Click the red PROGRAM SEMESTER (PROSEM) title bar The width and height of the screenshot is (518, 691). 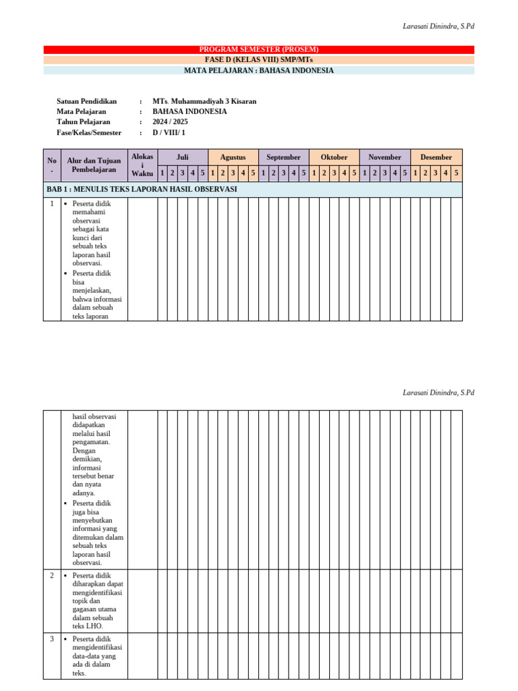pos(259,49)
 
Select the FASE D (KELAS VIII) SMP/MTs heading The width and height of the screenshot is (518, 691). pos(259,59)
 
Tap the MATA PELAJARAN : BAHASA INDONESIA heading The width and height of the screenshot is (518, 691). pos(259,70)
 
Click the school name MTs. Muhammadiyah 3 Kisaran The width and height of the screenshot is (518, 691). pos(204,101)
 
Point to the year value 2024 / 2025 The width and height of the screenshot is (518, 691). pos(170,121)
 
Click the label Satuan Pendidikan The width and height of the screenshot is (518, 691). pos(86,101)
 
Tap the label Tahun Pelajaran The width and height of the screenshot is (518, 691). pos(83,121)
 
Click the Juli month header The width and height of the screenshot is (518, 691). pos(182,157)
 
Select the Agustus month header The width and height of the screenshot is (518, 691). pos(233,157)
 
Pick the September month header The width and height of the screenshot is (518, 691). pos(283,157)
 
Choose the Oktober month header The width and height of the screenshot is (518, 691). pos(334,157)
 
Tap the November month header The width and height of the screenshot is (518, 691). pos(384,157)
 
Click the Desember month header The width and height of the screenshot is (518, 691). pos(436,157)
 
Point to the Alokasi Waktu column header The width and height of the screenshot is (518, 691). pos(142,165)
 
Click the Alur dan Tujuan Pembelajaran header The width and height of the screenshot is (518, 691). pos(94,165)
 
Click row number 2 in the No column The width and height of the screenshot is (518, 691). pos(52,575)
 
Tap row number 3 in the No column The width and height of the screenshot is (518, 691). pos(52,638)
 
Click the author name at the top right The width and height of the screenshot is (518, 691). pos(438,26)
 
